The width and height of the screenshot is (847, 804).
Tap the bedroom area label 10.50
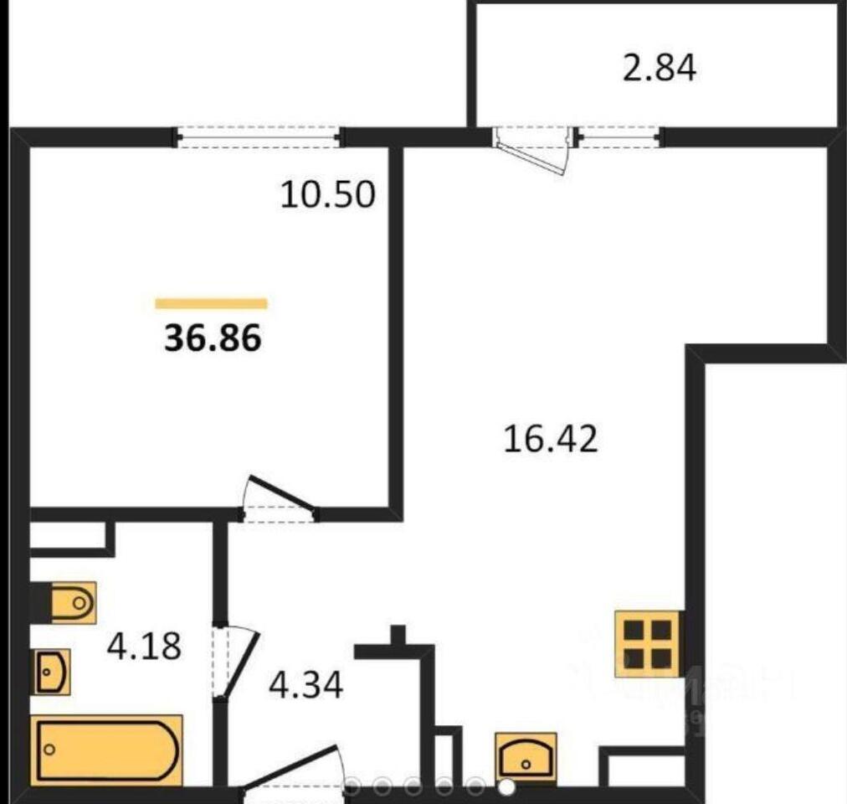327,194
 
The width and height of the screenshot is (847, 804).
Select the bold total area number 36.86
213,338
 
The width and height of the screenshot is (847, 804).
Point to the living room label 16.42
551,439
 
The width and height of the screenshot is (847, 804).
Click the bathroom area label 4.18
144,646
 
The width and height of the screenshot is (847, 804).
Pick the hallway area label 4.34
305,685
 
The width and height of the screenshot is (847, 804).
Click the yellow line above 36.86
211,303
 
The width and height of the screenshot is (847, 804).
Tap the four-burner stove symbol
647,643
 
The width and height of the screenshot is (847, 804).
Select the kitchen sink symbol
526,759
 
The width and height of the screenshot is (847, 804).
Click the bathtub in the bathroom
106,750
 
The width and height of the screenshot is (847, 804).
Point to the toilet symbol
74,603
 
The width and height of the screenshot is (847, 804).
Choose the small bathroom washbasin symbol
53,672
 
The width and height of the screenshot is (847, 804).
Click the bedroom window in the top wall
259,137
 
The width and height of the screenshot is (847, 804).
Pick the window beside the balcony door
619,137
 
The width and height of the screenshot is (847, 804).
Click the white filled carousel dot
506,787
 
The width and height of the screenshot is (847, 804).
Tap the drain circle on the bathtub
49,750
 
